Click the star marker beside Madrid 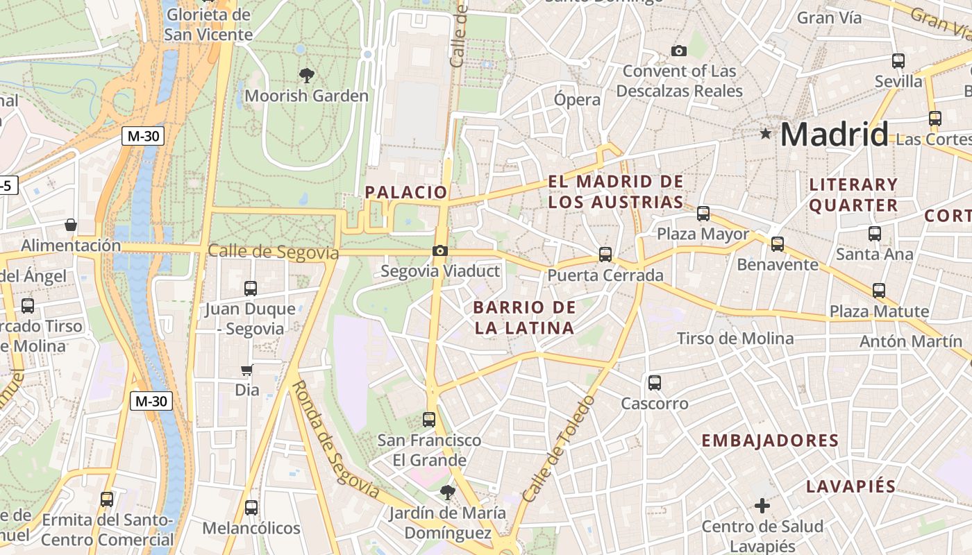pyautogui.click(x=766, y=133)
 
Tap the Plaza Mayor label pyautogui.click(x=703, y=234)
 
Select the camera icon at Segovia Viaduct pyautogui.click(x=439, y=251)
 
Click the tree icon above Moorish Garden pyautogui.click(x=306, y=76)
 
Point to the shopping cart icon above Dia pyautogui.click(x=246, y=370)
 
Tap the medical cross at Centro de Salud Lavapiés pyautogui.click(x=762, y=506)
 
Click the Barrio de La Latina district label pyautogui.click(x=525, y=318)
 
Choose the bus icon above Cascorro pyautogui.click(x=654, y=383)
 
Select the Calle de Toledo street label pyautogui.click(x=559, y=449)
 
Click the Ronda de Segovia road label pyautogui.click(x=335, y=439)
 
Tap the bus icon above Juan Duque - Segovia pyautogui.click(x=251, y=288)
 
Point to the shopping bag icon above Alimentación pyautogui.click(x=70, y=225)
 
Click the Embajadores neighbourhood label pyautogui.click(x=770, y=441)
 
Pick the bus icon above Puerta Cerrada pyautogui.click(x=605, y=255)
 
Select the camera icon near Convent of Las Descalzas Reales pyautogui.click(x=679, y=51)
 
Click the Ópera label pyautogui.click(x=577, y=99)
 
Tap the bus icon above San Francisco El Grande pyautogui.click(x=429, y=420)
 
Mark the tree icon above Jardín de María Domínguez pyautogui.click(x=448, y=493)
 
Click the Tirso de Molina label pyautogui.click(x=735, y=339)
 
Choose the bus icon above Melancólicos pyautogui.click(x=251, y=508)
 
